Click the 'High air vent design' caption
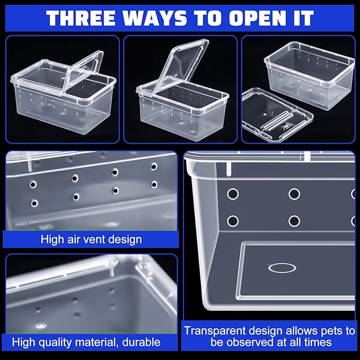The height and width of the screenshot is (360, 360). (91, 239)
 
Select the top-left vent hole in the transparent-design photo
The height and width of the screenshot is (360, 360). (233, 194)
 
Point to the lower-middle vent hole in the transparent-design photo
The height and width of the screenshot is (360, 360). (294, 221)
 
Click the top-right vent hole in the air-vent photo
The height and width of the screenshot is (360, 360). (154, 166)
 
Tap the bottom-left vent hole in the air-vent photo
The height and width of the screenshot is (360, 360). (34, 203)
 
